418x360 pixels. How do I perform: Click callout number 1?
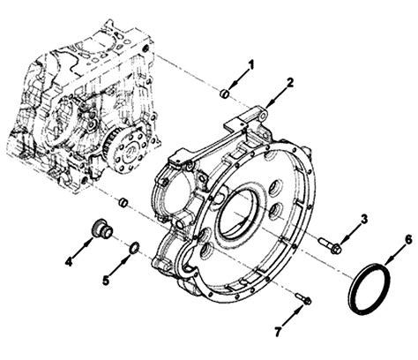coord(250,65)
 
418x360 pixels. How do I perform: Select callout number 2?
coord(290,83)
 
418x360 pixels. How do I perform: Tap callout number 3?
coord(364,219)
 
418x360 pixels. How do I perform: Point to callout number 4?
coord(69,261)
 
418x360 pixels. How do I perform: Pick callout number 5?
coord(106,281)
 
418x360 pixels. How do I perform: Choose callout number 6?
coord(408,240)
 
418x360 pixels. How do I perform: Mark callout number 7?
coord(278,332)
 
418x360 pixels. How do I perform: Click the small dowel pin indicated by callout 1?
coord(225,94)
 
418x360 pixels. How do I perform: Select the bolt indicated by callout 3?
coord(330,244)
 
